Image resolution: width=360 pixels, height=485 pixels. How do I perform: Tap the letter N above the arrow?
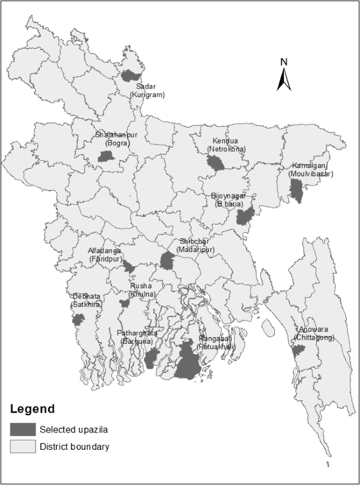283,61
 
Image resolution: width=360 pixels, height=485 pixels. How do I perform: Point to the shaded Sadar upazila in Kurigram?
129,75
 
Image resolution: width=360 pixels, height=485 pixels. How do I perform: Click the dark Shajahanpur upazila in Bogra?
106,156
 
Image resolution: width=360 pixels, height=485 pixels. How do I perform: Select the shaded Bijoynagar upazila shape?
244,216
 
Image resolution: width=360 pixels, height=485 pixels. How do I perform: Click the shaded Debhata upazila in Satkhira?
78,319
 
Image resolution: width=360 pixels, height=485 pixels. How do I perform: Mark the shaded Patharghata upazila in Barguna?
151,357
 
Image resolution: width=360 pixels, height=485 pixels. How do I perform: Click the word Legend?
32,408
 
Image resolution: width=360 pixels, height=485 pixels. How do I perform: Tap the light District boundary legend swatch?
23,447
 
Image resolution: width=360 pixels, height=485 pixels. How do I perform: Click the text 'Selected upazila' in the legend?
74,429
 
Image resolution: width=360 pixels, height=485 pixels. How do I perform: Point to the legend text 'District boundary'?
75,447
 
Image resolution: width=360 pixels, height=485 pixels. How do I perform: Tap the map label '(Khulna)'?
142,294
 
